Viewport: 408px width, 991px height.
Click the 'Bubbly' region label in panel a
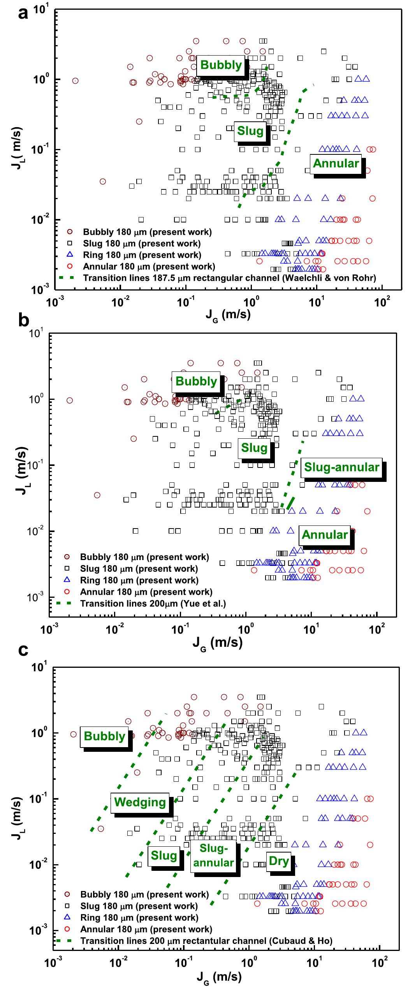tap(221, 65)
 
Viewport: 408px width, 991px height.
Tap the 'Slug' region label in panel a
tap(250, 131)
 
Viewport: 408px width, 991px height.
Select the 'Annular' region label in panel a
tap(336, 163)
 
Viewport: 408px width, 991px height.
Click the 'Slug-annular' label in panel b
tap(341, 467)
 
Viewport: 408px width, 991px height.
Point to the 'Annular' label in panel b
tap(325, 535)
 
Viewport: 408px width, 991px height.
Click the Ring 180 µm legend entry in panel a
tap(142, 255)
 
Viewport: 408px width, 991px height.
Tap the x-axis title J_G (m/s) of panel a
tap(228, 313)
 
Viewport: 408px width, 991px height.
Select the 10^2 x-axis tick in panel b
tap(376, 630)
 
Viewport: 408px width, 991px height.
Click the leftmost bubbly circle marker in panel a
tap(76, 81)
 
